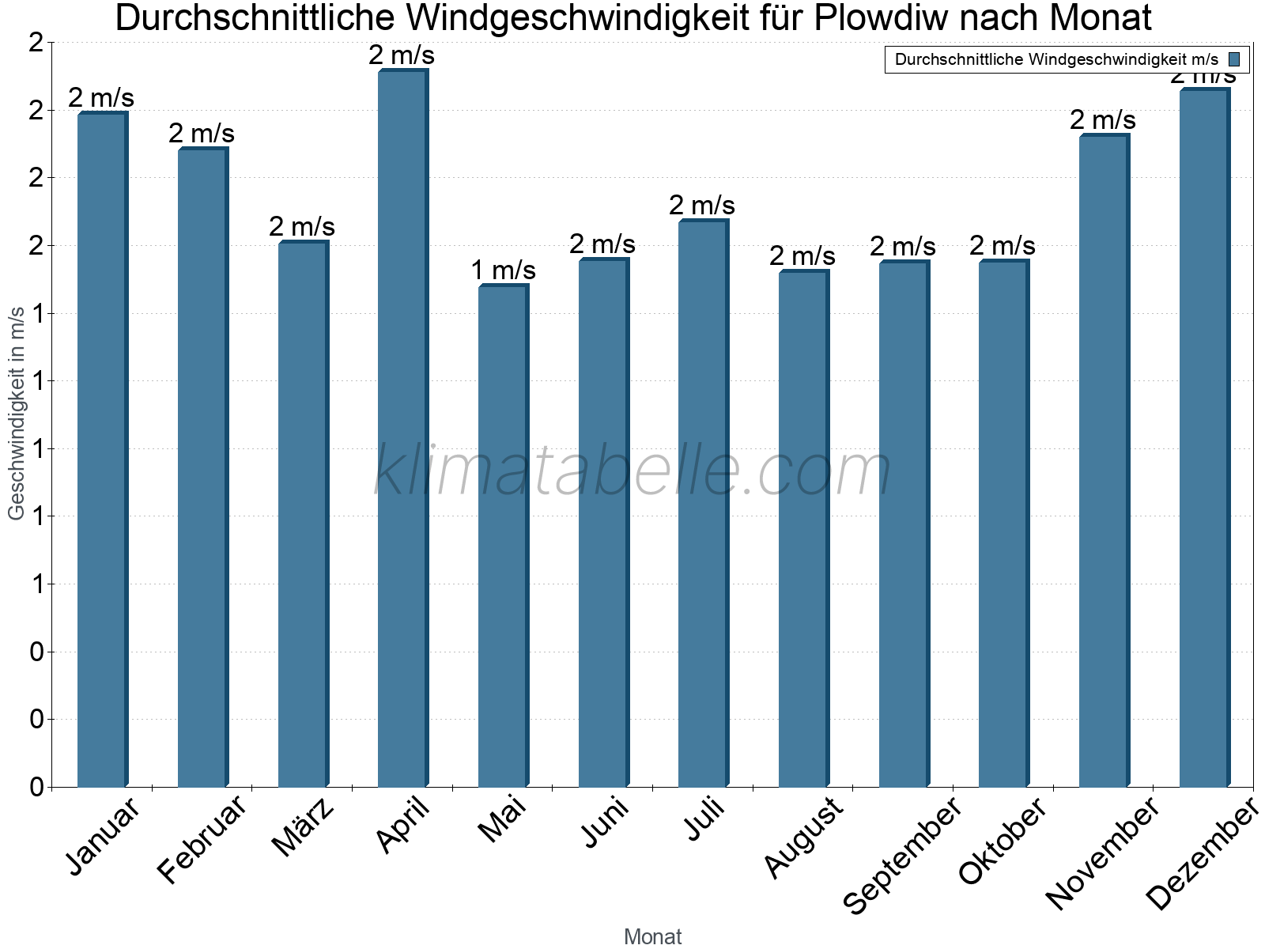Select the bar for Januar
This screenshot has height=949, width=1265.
[102, 451]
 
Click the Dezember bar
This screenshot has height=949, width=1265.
[1204, 438]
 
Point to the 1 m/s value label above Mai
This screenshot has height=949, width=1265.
[504, 270]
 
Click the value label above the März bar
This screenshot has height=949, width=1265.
[302, 227]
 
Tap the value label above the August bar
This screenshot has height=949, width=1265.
[802, 256]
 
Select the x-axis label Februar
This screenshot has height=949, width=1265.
[202, 840]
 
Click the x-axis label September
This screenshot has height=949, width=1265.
[902, 856]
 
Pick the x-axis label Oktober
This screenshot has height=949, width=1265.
[1003, 841]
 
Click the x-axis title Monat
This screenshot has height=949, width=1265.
[652, 937]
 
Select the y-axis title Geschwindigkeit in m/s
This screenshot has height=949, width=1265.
[17, 413]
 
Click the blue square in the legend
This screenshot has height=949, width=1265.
[1234, 59]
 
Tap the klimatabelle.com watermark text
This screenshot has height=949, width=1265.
[632, 471]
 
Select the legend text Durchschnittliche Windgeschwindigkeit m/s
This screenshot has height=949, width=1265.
[1056, 59]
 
